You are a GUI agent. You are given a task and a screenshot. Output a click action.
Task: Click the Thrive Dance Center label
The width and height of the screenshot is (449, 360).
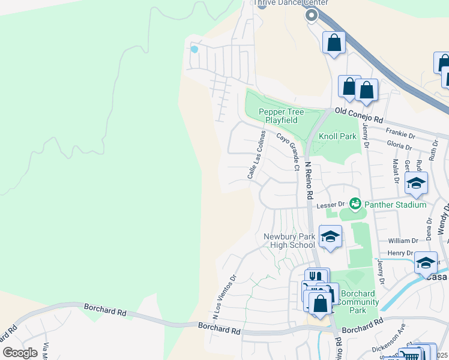pos(291,3)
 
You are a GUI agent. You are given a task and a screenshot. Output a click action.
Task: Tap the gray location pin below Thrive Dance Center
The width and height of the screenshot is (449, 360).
pos(311,16)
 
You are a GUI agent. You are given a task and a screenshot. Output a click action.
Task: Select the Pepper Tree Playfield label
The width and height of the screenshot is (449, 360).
pos(282,116)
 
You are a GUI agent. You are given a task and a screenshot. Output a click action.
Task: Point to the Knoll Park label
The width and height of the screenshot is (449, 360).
pos(337,137)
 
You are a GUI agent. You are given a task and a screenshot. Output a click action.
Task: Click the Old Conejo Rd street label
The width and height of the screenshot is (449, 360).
pos(359,111)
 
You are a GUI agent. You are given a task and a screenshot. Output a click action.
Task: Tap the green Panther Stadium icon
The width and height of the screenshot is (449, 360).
pos(355,205)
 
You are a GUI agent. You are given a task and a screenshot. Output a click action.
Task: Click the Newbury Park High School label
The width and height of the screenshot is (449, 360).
pos(289,241)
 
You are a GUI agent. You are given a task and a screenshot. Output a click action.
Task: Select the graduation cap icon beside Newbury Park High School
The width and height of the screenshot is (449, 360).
pos(330,237)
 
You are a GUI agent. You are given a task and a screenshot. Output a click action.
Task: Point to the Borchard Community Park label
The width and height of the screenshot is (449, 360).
pos(358,302)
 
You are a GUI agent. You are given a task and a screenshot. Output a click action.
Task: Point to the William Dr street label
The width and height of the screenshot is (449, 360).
pos(400,241)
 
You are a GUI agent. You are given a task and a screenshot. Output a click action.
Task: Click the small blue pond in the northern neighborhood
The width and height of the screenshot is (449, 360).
pos(194,49)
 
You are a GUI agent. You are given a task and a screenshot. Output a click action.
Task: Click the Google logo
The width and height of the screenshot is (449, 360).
pos(20,352)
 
